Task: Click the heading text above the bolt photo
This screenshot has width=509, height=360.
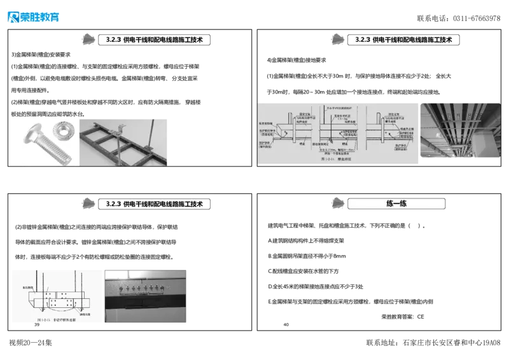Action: click(x=154, y=39)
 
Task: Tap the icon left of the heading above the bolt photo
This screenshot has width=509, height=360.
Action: click(x=90, y=39)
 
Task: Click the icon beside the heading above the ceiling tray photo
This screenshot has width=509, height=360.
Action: click(x=338, y=39)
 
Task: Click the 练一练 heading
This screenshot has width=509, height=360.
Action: click(x=396, y=204)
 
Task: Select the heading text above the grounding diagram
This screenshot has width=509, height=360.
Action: click(x=154, y=204)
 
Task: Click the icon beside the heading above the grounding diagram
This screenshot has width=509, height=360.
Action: click(x=90, y=204)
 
